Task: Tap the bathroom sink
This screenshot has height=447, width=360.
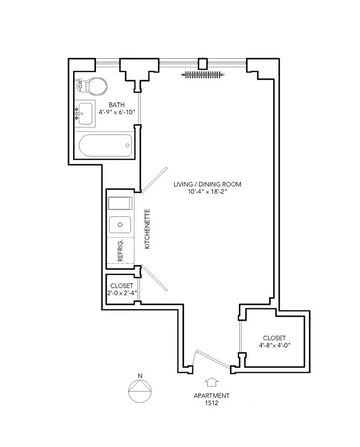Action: (85, 113)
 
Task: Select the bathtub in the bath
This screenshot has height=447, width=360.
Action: (105, 147)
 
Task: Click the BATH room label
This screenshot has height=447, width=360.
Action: (117, 104)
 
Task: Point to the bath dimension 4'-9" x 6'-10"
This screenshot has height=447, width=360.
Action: (117, 112)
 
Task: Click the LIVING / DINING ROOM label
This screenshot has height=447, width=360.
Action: (208, 184)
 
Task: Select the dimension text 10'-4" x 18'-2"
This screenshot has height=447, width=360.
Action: (208, 192)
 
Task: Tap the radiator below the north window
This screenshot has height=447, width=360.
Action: (203, 73)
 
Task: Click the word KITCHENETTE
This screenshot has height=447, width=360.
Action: (147, 229)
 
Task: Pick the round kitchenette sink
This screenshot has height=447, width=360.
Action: (120, 225)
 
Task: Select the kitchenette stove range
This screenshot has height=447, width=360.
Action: (120, 202)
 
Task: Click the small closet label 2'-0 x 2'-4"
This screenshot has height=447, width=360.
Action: (122, 292)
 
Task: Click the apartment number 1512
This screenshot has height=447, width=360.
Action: (211, 402)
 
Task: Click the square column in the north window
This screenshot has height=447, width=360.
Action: (203, 63)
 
